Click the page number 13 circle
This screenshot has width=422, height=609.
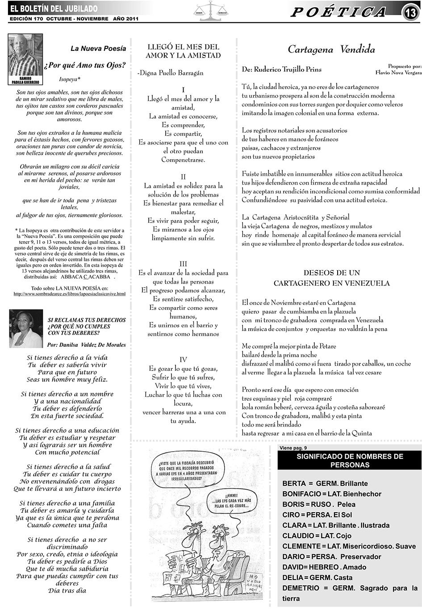click(x=410, y=13)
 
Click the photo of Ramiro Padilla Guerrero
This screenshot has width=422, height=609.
click(x=25, y=58)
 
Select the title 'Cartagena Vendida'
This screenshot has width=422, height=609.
click(x=331, y=49)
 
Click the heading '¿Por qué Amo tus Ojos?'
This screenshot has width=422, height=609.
click(x=85, y=65)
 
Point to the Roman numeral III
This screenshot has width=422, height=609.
click(x=183, y=264)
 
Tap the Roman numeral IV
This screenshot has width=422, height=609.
click(x=183, y=360)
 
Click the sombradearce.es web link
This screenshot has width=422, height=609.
click(x=70, y=294)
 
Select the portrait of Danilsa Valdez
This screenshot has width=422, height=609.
click(x=26, y=329)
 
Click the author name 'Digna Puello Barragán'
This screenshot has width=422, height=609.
click(x=171, y=73)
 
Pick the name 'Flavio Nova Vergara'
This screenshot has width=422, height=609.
click(x=398, y=72)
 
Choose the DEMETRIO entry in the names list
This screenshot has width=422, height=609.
click(x=301, y=588)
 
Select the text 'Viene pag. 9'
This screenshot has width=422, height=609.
click(x=293, y=448)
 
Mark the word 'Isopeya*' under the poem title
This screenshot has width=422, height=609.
click(x=70, y=79)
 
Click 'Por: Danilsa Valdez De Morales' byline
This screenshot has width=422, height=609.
click(x=86, y=345)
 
